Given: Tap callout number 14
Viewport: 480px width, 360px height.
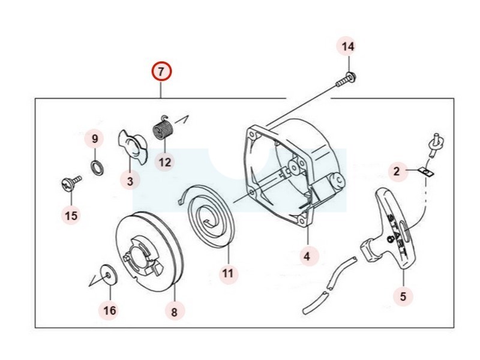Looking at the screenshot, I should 348,47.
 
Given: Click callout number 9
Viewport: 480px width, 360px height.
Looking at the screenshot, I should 94,139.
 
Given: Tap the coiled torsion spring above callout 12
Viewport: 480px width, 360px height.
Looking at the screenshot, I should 163,129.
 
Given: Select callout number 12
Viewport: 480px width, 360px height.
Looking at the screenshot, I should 164,161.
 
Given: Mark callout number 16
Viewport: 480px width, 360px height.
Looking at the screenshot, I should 109,310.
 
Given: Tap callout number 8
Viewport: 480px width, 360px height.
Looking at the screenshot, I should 174,311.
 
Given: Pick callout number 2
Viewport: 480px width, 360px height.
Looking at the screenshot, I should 396,172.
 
